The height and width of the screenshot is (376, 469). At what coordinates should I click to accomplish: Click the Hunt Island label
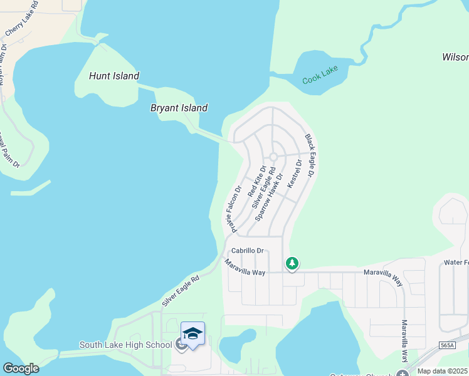pos(113,76)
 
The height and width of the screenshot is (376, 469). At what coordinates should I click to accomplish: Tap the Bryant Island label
pos(179,108)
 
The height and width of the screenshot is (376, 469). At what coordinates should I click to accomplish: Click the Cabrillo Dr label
pos(248,251)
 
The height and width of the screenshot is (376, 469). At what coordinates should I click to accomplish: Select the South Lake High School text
pos(125,345)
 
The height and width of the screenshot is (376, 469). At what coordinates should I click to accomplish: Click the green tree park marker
pos(292,264)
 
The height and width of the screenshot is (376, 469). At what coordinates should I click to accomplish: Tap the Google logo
pos(21,368)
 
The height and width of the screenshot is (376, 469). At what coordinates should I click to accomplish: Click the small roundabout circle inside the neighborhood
pos(273,157)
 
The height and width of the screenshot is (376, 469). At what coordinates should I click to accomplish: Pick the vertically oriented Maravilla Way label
pos(404,342)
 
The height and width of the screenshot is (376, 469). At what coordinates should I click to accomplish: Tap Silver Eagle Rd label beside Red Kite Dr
pos(263,187)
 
